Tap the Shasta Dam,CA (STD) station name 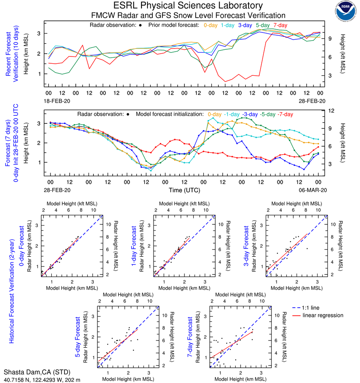coord(32,372)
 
